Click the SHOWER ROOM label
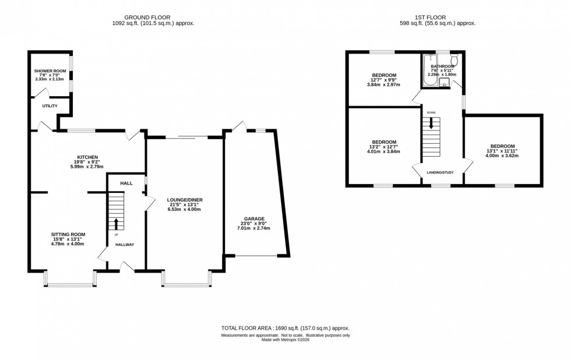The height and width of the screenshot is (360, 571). [x=50, y=71]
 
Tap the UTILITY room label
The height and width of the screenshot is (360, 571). [x=50, y=106]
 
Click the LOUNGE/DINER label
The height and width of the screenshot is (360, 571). [x=184, y=199]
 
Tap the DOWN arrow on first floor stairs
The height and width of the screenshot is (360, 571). [x=432, y=123]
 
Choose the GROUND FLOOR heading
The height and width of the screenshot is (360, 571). [x=153, y=16]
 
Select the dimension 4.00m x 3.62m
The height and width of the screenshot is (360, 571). [x=502, y=156]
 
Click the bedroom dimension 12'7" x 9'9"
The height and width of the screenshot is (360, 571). [x=385, y=80]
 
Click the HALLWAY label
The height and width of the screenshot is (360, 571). [x=124, y=245]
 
